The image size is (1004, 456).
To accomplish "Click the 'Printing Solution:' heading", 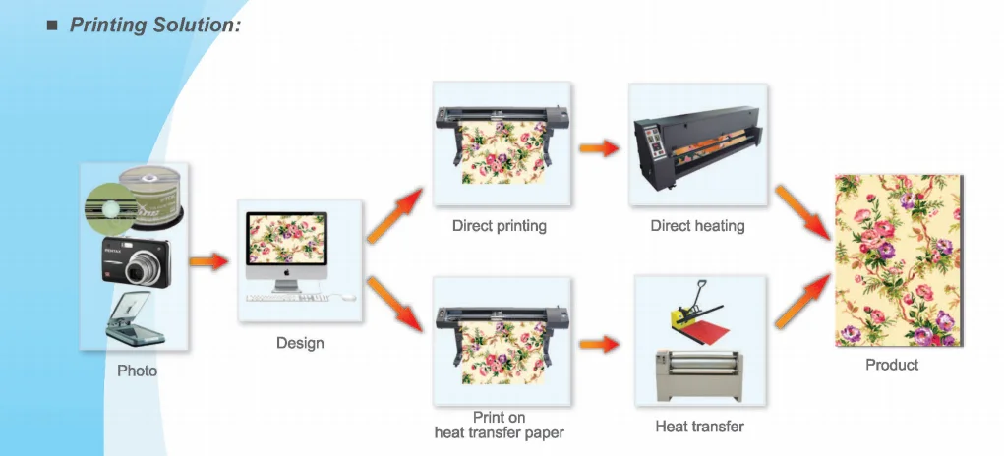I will pyautogui.click(x=154, y=25).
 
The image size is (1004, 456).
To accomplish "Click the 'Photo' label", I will pyautogui.click(x=137, y=370).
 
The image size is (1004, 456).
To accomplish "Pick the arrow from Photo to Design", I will pyautogui.click(x=208, y=261).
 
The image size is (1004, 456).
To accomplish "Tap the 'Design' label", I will pyautogui.click(x=300, y=343).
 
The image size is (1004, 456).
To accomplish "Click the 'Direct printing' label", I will pyautogui.click(x=500, y=226).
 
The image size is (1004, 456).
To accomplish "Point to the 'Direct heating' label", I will pyautogui.click(x=698, y=226).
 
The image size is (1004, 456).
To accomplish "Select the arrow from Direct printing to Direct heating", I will pyautogui.click(x=599, y=148).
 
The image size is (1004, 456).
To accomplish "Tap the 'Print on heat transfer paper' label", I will pyautogui.click(x=500, y=426).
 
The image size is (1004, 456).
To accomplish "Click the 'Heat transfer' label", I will pyautogui.click(x=699, y=427).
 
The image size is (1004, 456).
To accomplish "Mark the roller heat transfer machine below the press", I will pyautogui.click(x=700, y=373).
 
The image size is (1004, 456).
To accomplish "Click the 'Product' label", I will pyautogui.click(x=892, y=365).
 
